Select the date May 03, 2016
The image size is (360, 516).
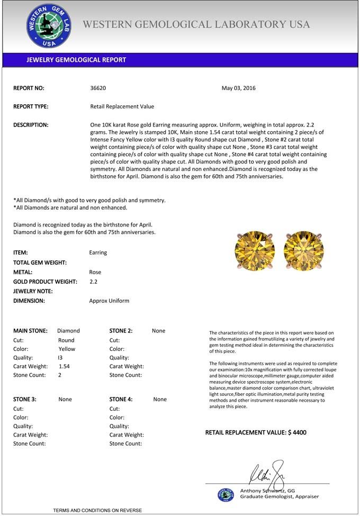pos(238,88)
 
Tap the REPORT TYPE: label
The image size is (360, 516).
pos(31,106)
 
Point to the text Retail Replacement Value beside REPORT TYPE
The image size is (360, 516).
pos(122,106)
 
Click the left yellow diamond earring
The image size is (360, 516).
pos(255,251)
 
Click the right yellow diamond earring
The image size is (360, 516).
pos(303,251)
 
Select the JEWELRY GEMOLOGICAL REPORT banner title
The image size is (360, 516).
pos(76,60)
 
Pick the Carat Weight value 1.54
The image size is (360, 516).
pos(64,366)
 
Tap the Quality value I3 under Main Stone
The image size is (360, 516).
pos(60,358)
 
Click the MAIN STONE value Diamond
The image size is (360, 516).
pos(68,331)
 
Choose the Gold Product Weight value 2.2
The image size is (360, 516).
pos(94,282)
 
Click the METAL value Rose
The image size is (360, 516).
pos(95,272)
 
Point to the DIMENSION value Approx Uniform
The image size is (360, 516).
pos(109,301)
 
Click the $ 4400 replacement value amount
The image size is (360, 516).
pos(297,432)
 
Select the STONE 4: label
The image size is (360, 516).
pos(121,400)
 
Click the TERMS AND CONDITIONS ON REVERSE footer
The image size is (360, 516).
pos(97,510)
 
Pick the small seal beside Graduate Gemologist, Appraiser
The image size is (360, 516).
pos(226,494)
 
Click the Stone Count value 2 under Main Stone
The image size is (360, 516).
pos(60,375)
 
